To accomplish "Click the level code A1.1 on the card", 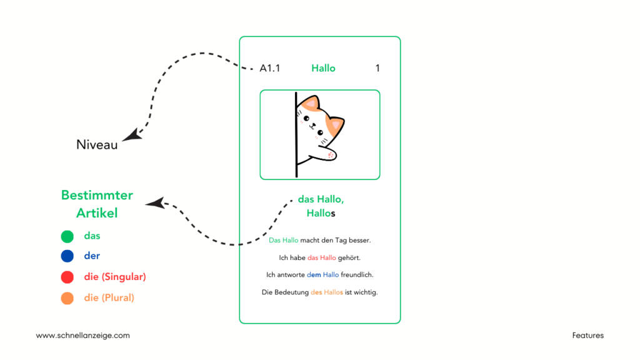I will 270,68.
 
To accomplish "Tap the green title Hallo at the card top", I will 323,68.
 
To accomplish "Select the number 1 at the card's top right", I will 377,68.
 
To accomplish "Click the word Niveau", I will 97,145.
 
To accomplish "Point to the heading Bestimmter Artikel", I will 97,204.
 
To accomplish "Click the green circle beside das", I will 67,236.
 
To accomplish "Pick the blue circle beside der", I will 67,256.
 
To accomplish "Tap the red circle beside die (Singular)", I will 67,277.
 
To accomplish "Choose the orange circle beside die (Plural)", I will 67,298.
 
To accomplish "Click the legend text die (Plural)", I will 109,298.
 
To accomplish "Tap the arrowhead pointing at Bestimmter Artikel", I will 154,203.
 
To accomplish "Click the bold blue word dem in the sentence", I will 314,274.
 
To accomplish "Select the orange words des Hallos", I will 327,292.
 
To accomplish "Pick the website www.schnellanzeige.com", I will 82,336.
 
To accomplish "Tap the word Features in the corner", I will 587,336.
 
